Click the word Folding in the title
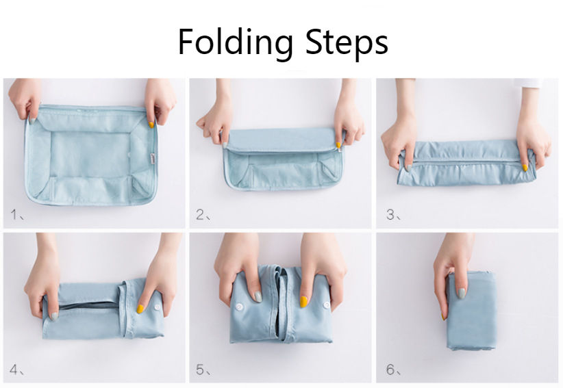235,42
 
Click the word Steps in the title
347,42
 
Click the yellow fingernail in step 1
151,125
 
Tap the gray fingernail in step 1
32,121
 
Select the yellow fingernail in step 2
338,145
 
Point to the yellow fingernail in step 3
525,168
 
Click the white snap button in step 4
158,307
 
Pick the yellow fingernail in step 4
140,309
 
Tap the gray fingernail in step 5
258,296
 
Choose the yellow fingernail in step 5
304,302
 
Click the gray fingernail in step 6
462,294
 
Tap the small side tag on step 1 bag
153,159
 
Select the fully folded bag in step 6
471,310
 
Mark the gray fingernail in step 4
54,316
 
